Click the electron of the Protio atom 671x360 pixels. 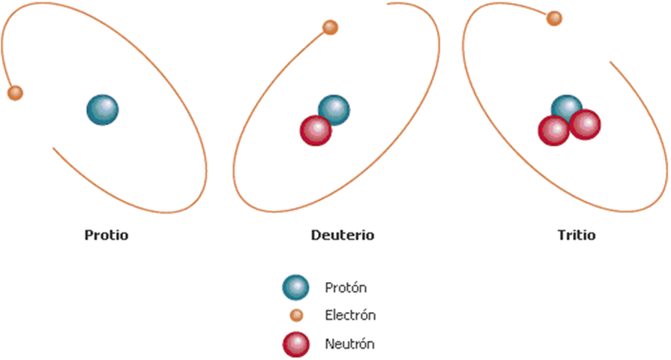point(14,93)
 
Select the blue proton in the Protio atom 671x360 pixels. point(102,110)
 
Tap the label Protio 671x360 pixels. point(106,235)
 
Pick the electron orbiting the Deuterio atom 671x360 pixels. point(330,28)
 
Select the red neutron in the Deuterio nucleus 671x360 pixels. point(316,130)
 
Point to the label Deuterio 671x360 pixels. point(342,235)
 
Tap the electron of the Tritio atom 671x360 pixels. point(554,18)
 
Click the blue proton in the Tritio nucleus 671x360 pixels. point(565,106)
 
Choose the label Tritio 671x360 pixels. point(576,235)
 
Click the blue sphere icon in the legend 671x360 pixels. point(295,286)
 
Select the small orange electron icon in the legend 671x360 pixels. point(296,316)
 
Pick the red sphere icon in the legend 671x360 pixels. point(296,344)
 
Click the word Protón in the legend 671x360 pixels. point(346,287)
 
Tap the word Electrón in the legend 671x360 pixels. point(350,316)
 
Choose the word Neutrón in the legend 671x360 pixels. point(349,344)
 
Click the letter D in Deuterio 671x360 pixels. point(315,235)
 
